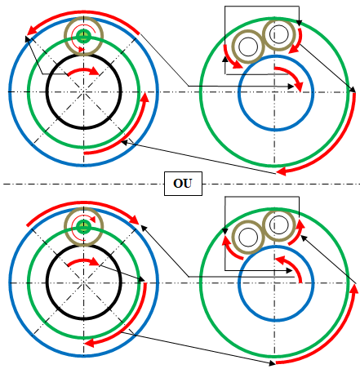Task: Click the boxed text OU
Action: (x=183, y=184)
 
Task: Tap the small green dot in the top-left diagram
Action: (x=83, y=36)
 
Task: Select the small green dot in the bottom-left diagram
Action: (x=83, y=227)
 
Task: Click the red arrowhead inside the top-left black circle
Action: (x=95, y=71)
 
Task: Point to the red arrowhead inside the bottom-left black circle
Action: (x=95, y=261)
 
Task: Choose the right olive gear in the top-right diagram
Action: (x=279, y=34)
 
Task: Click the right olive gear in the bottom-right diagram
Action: (x=279, y=225)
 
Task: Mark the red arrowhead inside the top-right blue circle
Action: (x=299, y=87)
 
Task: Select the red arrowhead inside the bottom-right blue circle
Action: (x=280, y=260)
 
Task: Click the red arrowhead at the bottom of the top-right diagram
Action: (x=282, y=171)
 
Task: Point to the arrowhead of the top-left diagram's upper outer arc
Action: (x=32, y=30)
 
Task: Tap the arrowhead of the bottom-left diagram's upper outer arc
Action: (x=135, y=220)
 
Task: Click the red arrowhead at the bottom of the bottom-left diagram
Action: (x=89, y=343)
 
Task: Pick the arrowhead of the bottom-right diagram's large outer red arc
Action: (x=353, y=289)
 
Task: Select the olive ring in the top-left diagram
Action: (x=84, y=17)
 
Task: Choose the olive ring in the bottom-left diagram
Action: (x=84, y=208)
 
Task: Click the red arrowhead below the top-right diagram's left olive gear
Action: (x=238, y=64)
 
